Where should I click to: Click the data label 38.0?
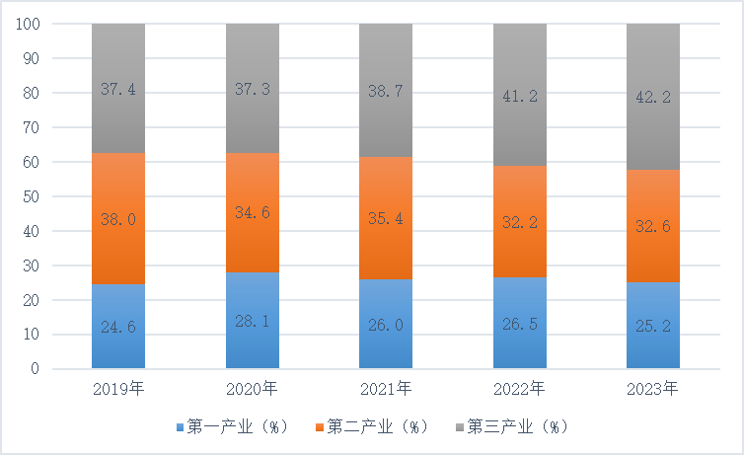coord(118,222)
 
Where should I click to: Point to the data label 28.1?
coord(253,321)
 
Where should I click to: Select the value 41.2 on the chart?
coord(520,96)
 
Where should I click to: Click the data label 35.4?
coord(386,218)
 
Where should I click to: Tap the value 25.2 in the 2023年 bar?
coord(653,326)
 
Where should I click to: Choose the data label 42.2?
coord(653,96)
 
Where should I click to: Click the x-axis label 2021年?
coord(386,389)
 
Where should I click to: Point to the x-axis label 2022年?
coord(520,389)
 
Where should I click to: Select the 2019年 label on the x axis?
coord(118,389)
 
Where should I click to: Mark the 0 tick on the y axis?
coord(35,369)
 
